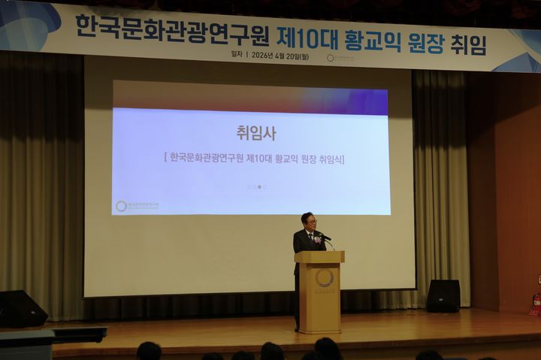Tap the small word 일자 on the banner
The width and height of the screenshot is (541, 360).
click(238, 55)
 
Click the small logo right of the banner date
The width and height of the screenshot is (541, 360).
click(330, 58)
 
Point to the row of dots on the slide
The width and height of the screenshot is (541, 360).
click(256, 186)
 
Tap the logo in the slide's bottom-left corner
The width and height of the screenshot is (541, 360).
click(121, 205)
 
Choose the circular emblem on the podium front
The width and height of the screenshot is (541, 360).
click(324, 278)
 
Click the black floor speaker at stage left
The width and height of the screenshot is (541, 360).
click(21, 308)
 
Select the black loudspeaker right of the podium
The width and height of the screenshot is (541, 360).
click(443, 295)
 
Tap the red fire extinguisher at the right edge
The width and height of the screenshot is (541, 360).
click(535, 304)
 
